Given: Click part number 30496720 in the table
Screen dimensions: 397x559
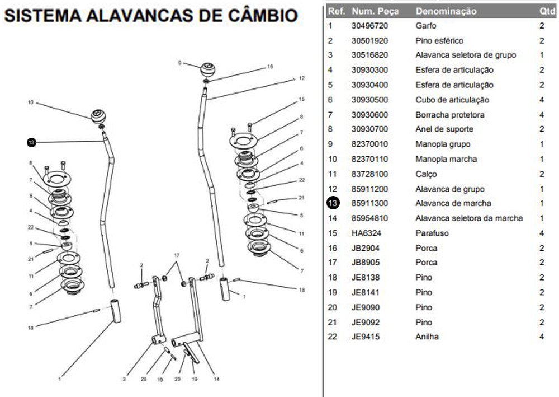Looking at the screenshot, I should point(369,26).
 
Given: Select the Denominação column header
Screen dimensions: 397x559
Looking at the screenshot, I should point(446,11).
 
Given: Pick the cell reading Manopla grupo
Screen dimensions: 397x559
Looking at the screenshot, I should point(443,144).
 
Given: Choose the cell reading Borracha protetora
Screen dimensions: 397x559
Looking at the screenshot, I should point(450,115).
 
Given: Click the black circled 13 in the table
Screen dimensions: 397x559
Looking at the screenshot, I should point(333,203).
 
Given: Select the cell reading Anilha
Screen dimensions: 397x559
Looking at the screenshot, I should point(427,337).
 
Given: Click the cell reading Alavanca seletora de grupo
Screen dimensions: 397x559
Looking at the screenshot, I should point(466,55).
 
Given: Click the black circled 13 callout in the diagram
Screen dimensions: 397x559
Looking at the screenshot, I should point(31,143).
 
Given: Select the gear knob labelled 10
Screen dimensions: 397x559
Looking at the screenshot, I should point(99,116).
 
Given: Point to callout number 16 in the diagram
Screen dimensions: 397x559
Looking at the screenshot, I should point(270,66).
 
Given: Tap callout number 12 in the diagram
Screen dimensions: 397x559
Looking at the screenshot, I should point(301,78).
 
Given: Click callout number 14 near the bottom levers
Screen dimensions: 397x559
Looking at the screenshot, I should point(216,379).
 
